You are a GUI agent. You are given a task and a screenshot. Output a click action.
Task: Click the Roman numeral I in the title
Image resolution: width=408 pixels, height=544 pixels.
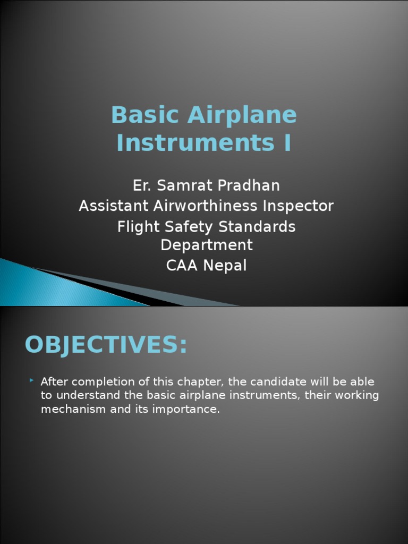(x=287, y=143)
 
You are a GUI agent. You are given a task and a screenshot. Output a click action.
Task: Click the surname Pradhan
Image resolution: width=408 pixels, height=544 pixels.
(x=248, y=185)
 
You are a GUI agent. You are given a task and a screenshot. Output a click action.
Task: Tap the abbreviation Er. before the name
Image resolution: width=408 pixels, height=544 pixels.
(x=142, y=185)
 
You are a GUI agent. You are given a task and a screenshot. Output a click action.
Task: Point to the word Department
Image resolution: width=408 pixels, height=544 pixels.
(x=206, y=245)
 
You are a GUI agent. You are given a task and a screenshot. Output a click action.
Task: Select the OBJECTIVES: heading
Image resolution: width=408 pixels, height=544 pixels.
(x=106, y=345)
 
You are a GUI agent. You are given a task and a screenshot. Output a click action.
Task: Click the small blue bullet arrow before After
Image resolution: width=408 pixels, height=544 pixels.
(x=32, y=380)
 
